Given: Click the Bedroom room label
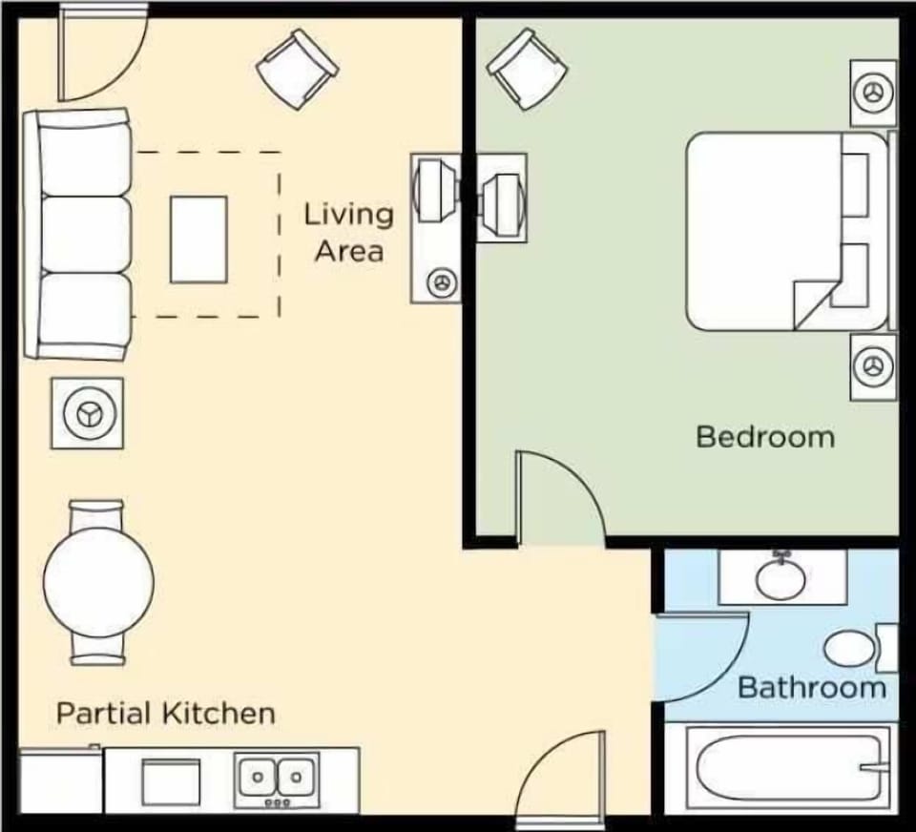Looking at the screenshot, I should point(764,437).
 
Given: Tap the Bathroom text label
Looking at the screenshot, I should point(812,687).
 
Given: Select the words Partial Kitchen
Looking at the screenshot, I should point(166,713).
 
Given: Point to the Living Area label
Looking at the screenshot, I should point(348,232).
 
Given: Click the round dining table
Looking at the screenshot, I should point(98,581).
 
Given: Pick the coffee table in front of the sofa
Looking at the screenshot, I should point(198,239).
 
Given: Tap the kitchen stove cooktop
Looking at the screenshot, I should point(171,781).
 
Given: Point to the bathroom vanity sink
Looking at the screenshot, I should point(781,576).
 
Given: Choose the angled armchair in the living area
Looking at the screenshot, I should point(297,68).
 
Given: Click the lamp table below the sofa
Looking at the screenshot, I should point(87,413).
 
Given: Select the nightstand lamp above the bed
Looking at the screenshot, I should point(872,93).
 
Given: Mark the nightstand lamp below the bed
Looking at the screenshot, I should point(872,365).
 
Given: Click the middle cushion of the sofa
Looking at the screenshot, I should point(84,234).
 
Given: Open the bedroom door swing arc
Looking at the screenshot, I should point(563,496).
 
